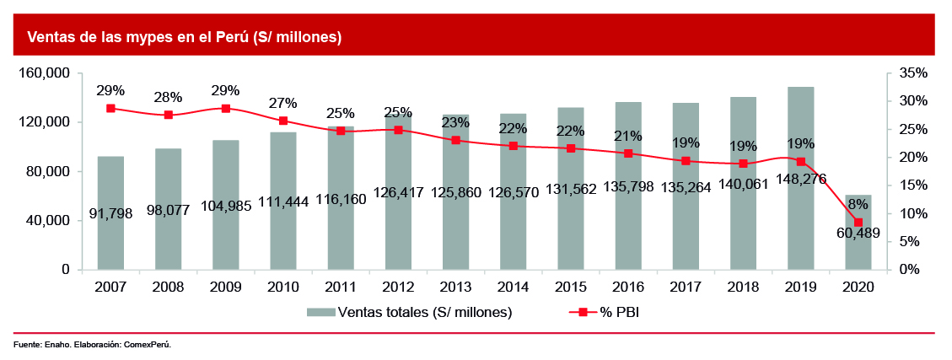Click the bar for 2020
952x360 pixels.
coord(858,244)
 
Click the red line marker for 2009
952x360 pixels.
coord(226,109)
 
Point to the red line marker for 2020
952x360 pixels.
coord(858,223)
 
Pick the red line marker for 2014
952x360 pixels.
coord(514,146)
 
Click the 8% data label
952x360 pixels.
coord(858,203)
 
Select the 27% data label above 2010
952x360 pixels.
coord(282,103)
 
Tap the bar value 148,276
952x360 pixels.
coord(800,179)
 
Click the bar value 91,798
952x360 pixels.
coord(110,191)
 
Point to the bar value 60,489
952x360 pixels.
coord(858,234)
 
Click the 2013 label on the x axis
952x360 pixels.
coord(455,287)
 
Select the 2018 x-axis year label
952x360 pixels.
coord(743,287)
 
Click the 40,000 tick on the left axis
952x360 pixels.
coord(47,221)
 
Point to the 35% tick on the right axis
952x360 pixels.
coord(912,73)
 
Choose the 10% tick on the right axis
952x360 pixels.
coord(912,213)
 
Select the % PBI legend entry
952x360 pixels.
coord(623,312)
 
